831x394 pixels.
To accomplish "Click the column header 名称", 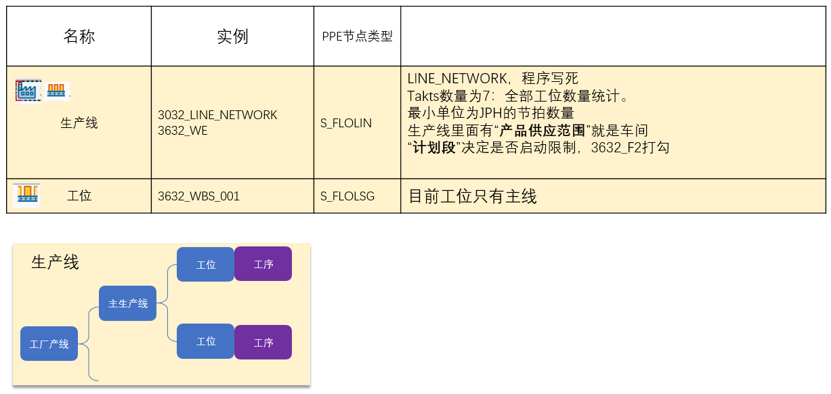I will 79,37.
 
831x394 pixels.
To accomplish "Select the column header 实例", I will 232,37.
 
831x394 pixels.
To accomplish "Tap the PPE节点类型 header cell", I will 357,37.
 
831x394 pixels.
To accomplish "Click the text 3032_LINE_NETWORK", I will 217,115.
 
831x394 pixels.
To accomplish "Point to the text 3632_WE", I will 182,131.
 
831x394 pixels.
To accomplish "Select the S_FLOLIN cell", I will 345,123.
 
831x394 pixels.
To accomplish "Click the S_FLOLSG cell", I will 347,196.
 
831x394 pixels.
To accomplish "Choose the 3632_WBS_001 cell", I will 198,196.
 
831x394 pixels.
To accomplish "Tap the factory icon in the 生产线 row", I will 28,90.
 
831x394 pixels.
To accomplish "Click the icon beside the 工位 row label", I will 26,195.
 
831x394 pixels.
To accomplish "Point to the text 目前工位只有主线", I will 472,196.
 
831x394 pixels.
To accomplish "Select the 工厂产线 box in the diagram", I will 49,344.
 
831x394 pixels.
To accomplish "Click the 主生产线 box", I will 128,303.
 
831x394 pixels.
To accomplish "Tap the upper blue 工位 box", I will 205,264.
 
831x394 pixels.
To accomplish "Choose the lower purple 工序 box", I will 263,342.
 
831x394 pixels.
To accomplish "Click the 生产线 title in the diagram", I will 55,263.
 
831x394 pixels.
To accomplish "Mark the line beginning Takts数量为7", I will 518,96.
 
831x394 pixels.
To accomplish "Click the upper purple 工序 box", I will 263,264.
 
